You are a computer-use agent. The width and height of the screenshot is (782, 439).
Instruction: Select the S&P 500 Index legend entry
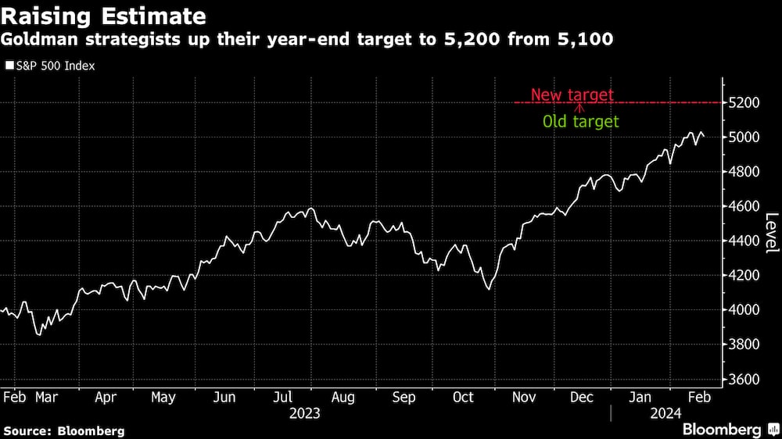(50, 66)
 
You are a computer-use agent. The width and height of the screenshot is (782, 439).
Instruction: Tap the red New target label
(572, 95)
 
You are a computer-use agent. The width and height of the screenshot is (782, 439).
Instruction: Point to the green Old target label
(580, 122)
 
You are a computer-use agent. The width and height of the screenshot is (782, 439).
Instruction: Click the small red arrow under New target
(579, 108)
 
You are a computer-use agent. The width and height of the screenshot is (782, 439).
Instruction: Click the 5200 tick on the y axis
(745, 103)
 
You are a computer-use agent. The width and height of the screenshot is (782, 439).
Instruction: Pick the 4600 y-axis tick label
(745, 206)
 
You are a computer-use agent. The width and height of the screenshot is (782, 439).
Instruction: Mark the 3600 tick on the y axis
(745, 379)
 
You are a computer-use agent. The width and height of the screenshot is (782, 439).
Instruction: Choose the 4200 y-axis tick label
(745, 275)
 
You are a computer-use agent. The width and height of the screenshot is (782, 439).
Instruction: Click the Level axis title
(771, 233)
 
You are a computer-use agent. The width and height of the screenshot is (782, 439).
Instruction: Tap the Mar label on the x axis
(48, 398)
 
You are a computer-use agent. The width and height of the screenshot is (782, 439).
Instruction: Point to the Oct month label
(463, 398)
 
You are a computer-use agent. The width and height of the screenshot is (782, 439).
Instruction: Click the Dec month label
(580, 398)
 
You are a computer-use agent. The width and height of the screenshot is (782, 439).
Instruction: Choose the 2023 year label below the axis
(304, 413)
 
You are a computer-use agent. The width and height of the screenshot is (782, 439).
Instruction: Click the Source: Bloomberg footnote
(64, 430)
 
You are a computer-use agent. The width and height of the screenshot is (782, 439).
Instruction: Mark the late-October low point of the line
(490, 289)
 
